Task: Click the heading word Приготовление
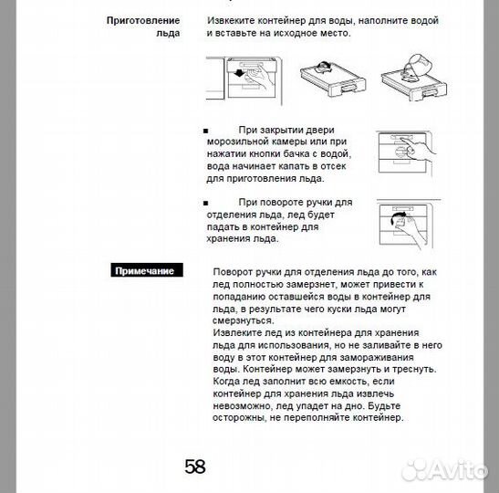(143, 21)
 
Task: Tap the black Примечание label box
(147, 270)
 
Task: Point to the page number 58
(195, 467)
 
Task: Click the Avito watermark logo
(444, 469)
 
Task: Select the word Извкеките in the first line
(231, 21)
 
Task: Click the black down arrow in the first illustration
(239, 74)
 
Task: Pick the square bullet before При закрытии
(205, 131)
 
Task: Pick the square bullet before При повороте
(205, 204)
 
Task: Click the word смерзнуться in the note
(243, 320)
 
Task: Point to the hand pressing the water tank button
(419, 149)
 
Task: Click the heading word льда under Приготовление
(168, 34)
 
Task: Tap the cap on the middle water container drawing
(323, 67)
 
